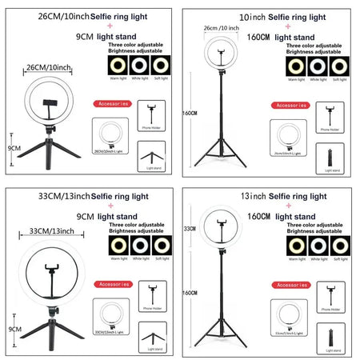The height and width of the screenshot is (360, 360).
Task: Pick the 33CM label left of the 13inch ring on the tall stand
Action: tap(190, 228)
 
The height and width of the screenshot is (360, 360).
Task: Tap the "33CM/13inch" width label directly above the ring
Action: tap(51, 231)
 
